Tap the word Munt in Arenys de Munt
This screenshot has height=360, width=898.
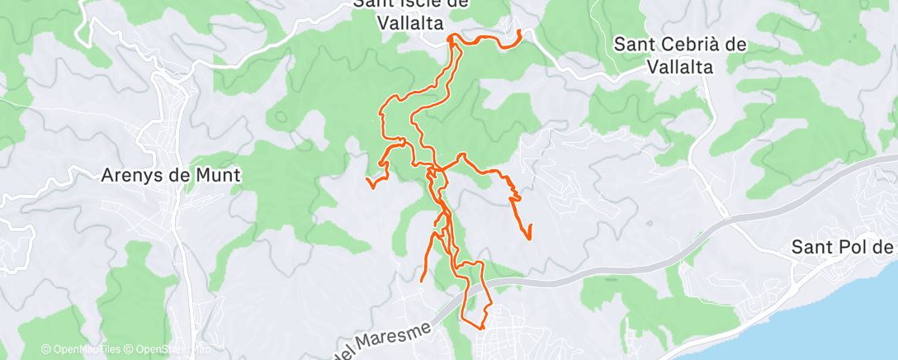pos(215,175)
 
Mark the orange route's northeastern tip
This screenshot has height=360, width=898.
pos(519,31)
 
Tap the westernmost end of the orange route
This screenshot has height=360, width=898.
pos(366,178)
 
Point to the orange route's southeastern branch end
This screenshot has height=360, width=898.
pos(528,239)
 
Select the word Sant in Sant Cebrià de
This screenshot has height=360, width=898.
pos(636,45)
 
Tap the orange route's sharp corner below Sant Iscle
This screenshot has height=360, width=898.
pos(451,37)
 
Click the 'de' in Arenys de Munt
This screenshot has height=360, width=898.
pos(182,175)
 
